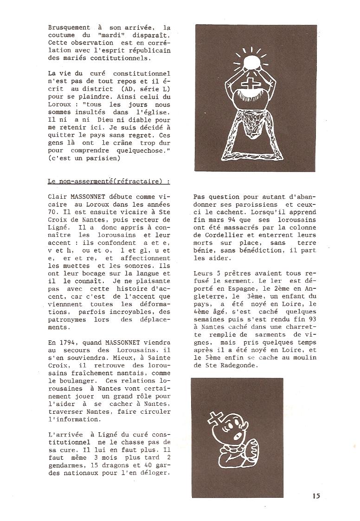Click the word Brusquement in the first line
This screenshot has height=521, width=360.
[69, 28]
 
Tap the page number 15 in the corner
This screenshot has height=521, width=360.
[316, 496]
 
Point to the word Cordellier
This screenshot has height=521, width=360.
[216, 235]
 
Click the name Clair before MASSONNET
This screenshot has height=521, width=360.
[58, 196]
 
